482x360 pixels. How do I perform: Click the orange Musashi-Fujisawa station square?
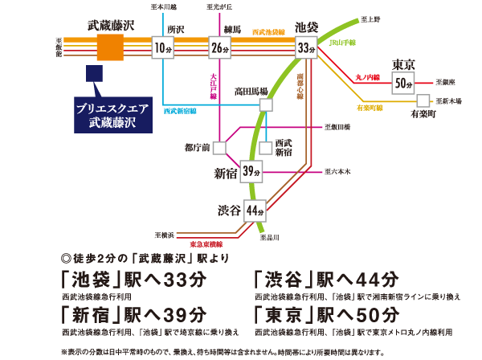pyautogui.click(x=110, y=47)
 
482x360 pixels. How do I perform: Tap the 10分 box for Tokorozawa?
pyautogui.click(x=163, y=47)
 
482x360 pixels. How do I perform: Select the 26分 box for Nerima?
pyautogui.click(x=220, y=47)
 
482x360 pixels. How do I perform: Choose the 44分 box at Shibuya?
pyautogui.click(x=255, y=211)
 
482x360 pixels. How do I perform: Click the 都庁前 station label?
pyautogui.click(x=196, y=147)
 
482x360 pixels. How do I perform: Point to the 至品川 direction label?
pyautogui.click(x=269, y=238)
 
